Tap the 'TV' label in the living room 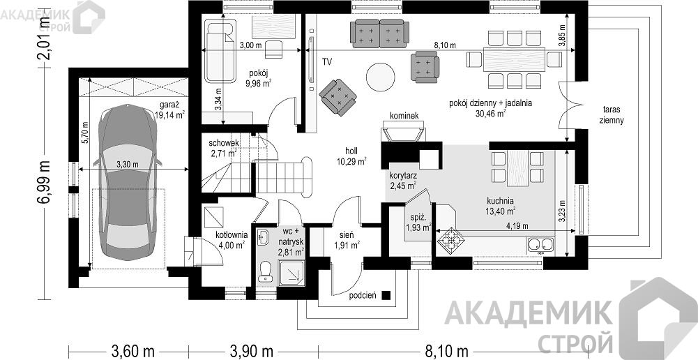click(x=327, y=62)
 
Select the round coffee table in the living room click(x=380, y=77)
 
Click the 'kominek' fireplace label click(x=404, y=116)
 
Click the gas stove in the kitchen click(x=451, y=240)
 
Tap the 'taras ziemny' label click(x=612, y=114)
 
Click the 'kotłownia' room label click(x=231, y=235)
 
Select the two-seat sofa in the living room click(x=379, y=33)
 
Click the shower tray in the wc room click(x=291, y=273)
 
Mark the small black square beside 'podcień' click(x=386, y=295)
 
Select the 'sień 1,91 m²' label click(x=347, y=240)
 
